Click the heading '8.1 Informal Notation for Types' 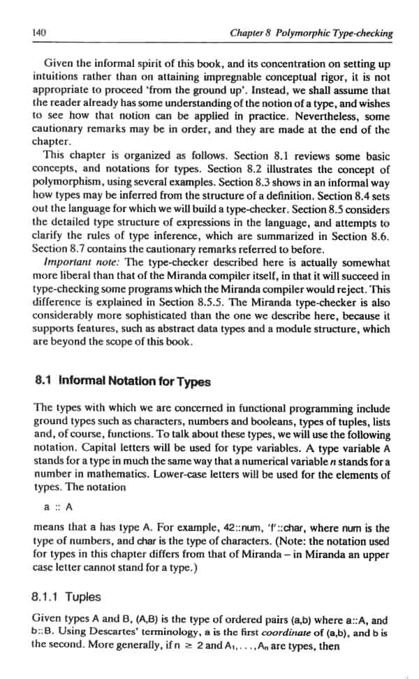click(x=121, y=381)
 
